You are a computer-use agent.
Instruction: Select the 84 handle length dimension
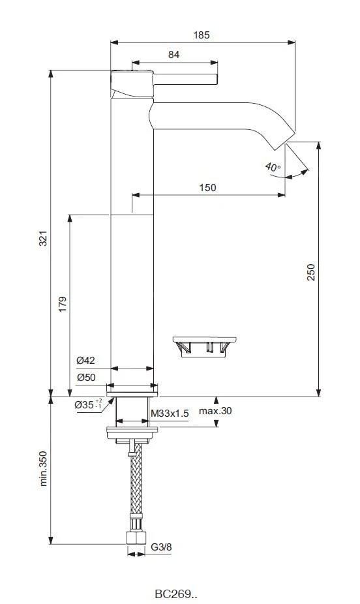[x=174, y=55]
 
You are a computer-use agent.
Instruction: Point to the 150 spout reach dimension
[x=207, y=187]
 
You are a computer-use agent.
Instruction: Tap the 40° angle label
[x=273, y=167]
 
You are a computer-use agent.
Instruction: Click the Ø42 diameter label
[x=85, y=360]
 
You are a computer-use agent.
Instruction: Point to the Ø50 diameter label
[x=85, y=377]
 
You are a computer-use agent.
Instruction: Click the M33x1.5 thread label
[x=170, y=413]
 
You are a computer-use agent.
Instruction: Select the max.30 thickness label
[x=216, y=411]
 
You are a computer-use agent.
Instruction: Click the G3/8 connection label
[x=161, y=547]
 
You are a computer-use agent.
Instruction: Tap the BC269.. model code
[x=176, y=594]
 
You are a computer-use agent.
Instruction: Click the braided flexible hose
[x=135, y=483]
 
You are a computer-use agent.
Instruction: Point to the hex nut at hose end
[x=135, y=539]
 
